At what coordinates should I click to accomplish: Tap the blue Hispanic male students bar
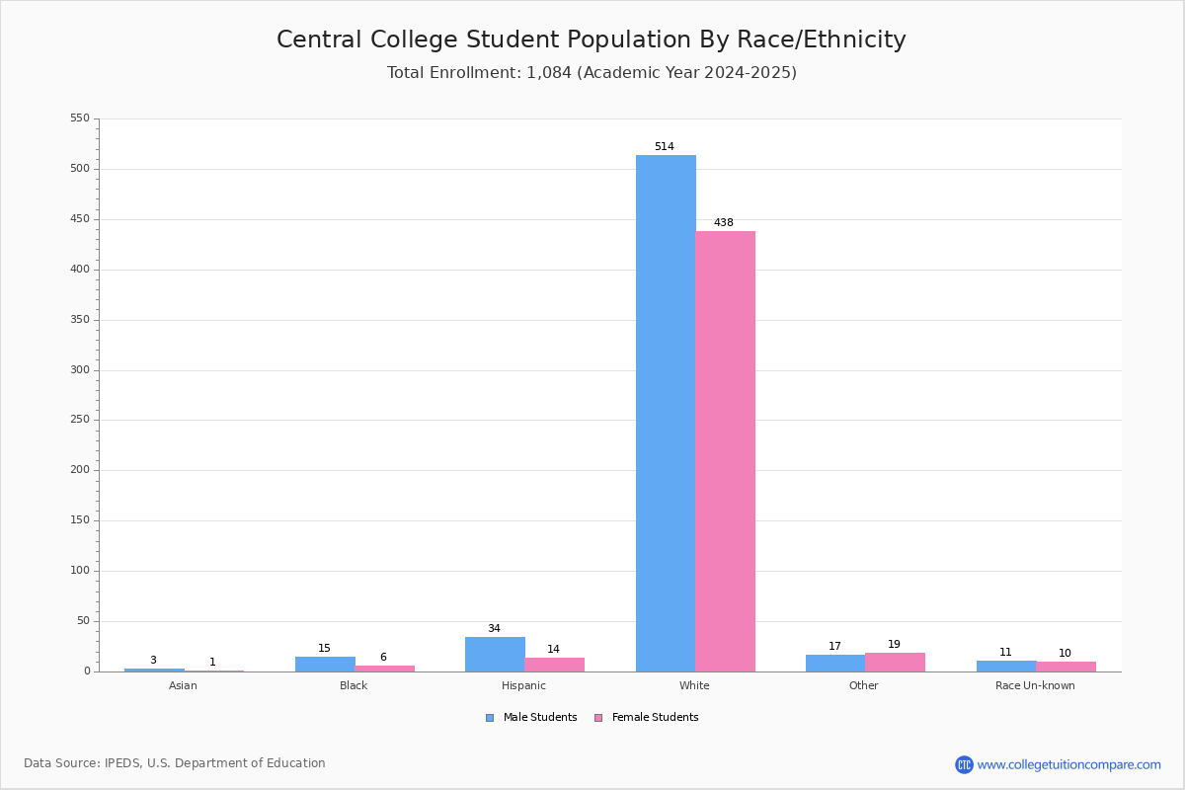tap(495, 655)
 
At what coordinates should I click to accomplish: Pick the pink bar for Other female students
tap(895, 663)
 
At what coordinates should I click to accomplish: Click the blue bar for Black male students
tap(325, 665)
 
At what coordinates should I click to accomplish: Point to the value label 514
tap(665, 147)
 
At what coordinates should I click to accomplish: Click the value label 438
tap(724, 223)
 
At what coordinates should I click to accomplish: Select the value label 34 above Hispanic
tap(494, 629)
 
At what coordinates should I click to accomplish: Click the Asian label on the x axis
tap(183, 686)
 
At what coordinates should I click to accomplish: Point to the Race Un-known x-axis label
tap(1035, 686)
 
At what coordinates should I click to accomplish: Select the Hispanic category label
tap(523, 686)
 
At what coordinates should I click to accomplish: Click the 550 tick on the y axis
tap(80, 118)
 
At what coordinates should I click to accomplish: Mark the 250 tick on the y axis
tap(80, 420)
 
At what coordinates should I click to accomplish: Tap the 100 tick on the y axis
tap(80, 571)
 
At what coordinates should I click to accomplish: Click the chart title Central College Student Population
tap(592, 39)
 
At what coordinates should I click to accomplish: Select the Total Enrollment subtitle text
tap(592, 73)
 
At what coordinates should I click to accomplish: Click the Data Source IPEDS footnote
tap(175, 763)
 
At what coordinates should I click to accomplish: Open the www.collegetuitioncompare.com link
tap(1068, 764)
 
